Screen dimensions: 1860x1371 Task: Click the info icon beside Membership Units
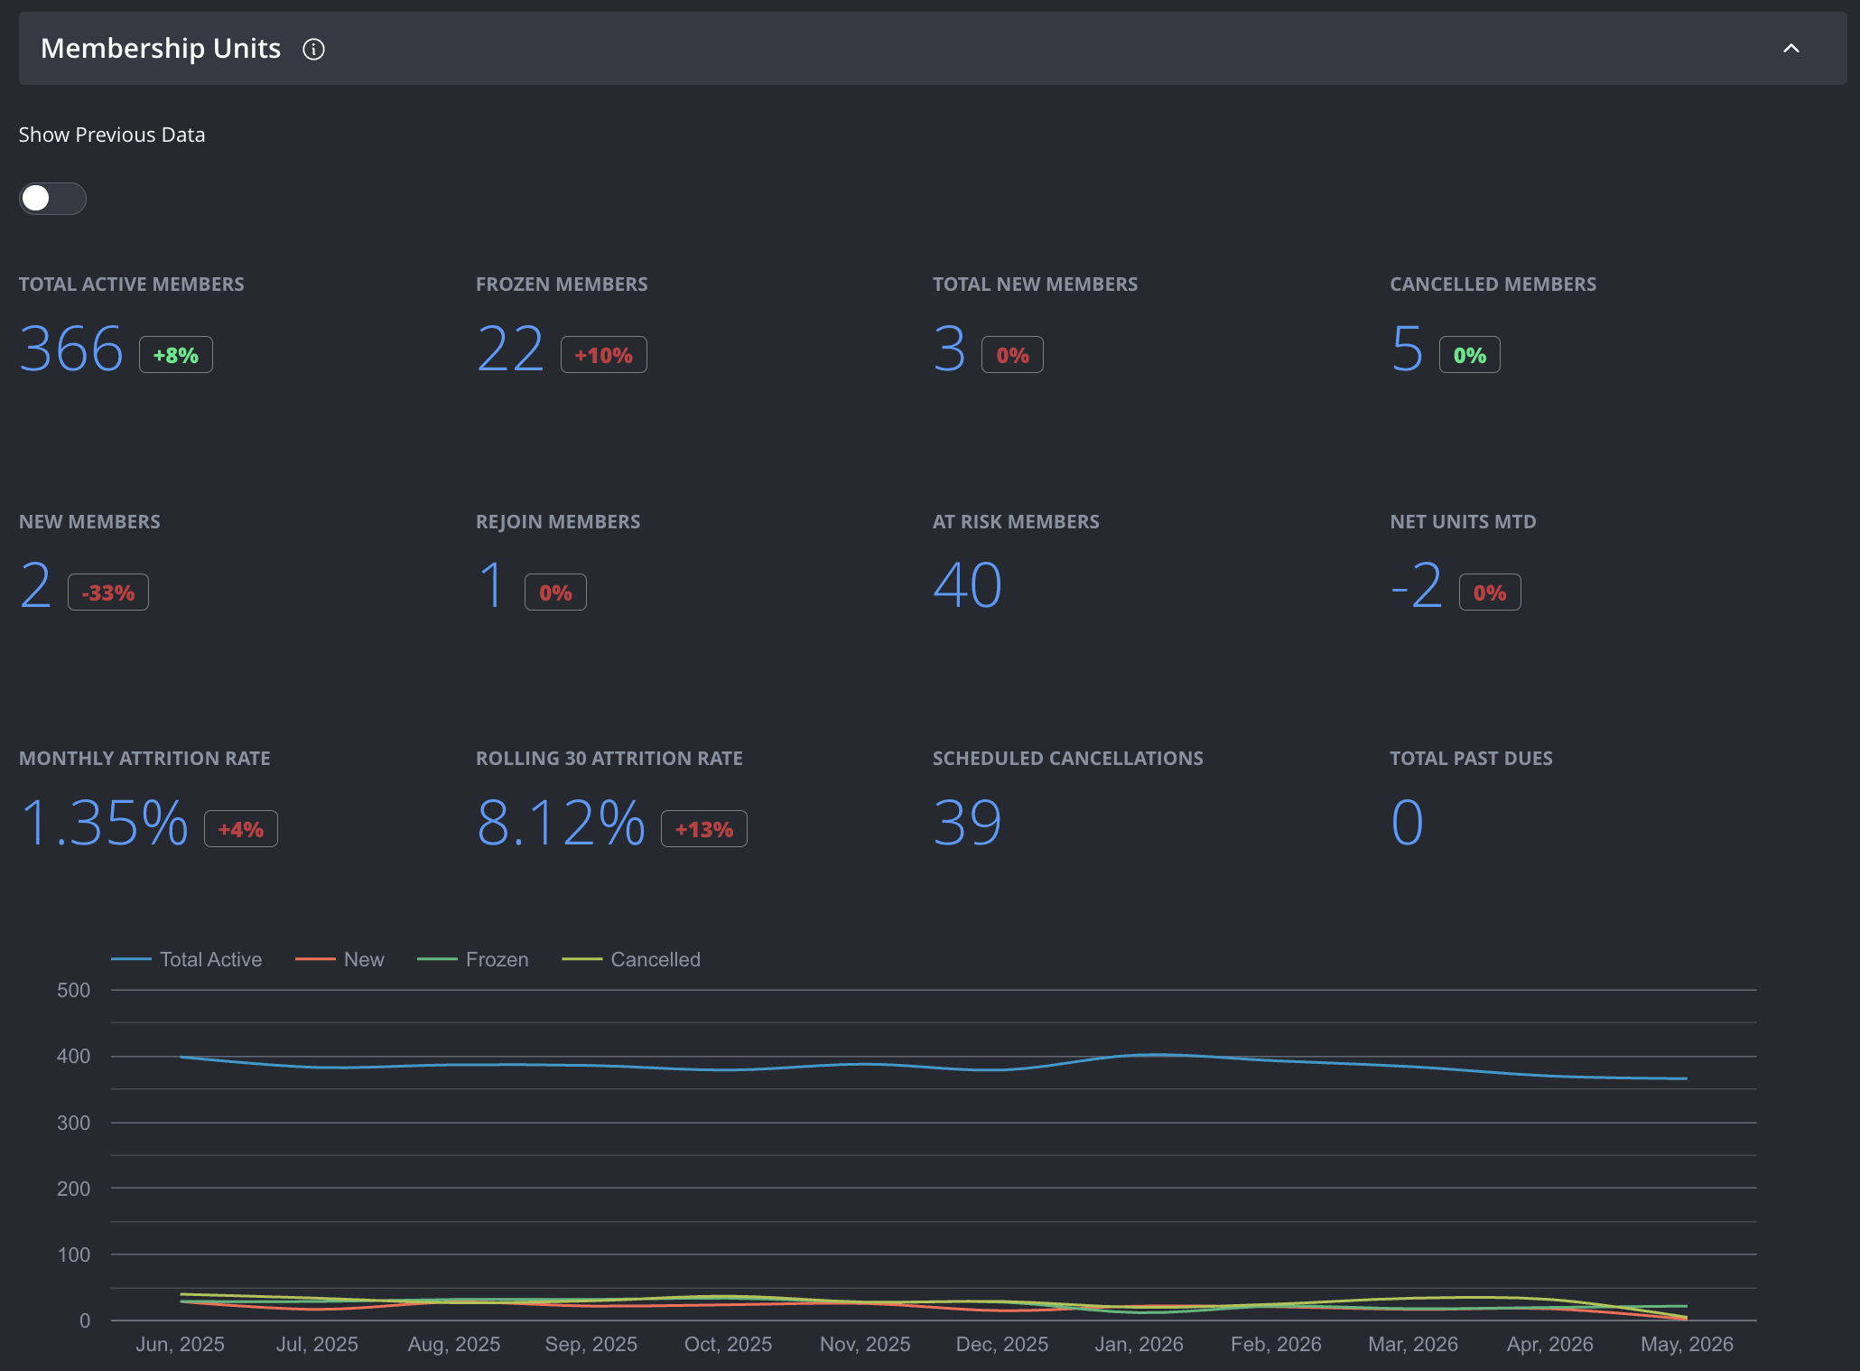[x=313, y=49]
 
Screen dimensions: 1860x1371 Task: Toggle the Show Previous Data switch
[x=52, y=199]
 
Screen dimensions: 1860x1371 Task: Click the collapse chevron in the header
[x=1791, y=49]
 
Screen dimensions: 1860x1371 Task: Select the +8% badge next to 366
[x=176, y=355]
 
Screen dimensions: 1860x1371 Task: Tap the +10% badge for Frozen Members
[x=604, y=355]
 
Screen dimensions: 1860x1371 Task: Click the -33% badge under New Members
[x=108, y=592]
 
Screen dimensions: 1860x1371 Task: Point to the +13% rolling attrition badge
[x=704, y=829]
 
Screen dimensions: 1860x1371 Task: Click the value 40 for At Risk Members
[x=968, y=585]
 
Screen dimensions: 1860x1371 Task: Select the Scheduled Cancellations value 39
[x=968, y=823]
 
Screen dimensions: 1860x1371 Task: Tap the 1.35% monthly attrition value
[x=104, y=823]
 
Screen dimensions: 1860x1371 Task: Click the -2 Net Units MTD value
[x=1417, y=585]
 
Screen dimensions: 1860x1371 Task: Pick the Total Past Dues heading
[x=1472, y=759]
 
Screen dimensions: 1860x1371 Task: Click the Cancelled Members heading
[x=1493, y=284]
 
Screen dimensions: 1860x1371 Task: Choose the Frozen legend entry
[x=473, y=959]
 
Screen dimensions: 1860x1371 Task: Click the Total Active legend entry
[x=187, y=959]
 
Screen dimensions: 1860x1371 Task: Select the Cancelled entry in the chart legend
[x=631, y=959]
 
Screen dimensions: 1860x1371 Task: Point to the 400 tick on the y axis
[x=73, y=1056]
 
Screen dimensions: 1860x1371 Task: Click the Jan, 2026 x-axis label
[x=1139, y=1344]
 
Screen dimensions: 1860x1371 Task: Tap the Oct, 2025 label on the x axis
[x=729, y=1344]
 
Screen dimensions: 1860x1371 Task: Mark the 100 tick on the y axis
[x=73, y=1254]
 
